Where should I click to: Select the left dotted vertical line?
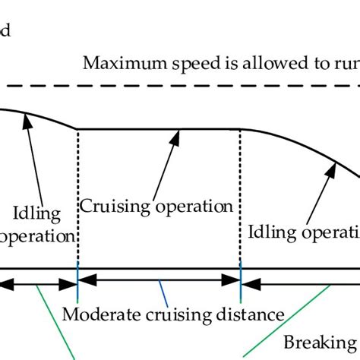click(x=78, y=197)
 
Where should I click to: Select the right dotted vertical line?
click(x=241, y=197)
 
